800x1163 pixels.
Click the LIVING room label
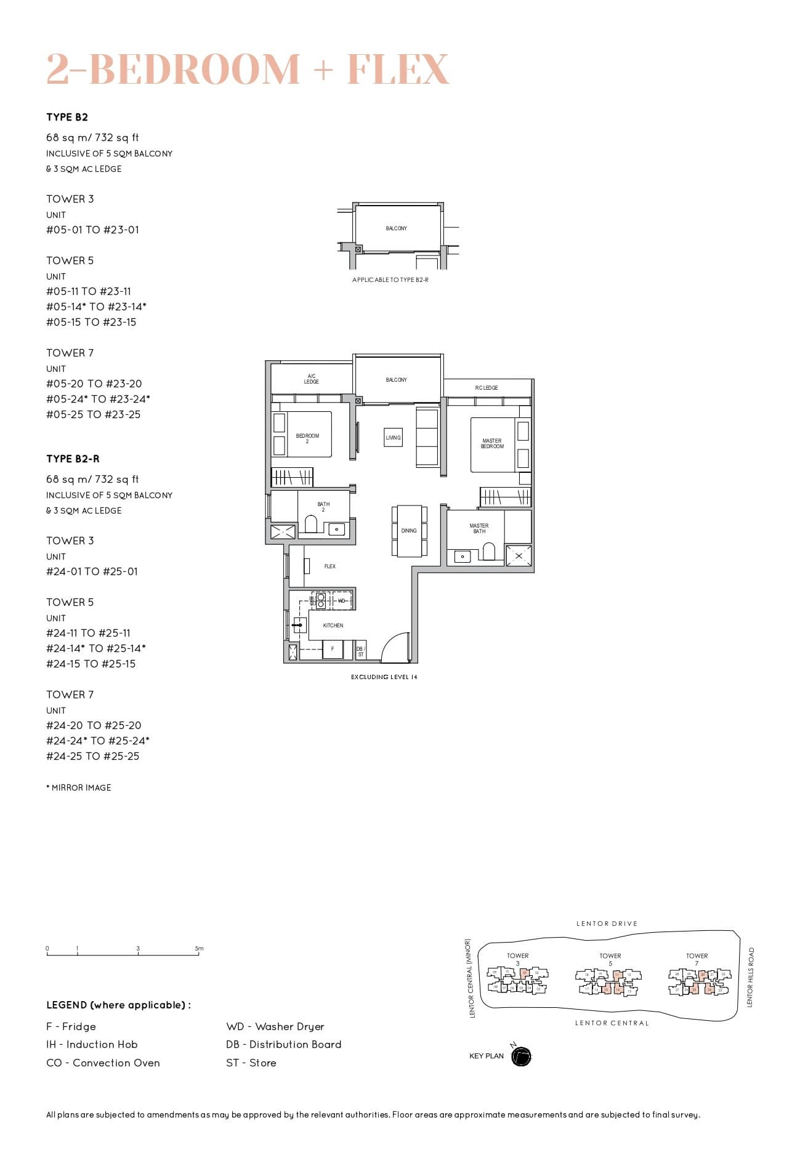click(393, 437)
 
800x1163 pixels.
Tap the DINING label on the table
click(409, 530)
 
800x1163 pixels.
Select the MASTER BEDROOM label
click(492, 443)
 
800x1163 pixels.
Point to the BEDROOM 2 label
click(307, 438)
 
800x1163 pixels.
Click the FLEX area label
click(330, 566)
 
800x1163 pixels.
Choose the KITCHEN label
click(333, 626)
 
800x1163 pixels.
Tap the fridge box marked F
click(333, 649)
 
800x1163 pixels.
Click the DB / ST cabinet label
click(361, 651)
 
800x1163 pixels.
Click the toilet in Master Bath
click(490, 552)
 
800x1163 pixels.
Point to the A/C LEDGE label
click(311, 379)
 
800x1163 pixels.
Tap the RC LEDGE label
click(487, 388)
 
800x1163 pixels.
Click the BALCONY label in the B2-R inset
click(396, 228)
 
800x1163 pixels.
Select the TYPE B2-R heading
click(73, 459)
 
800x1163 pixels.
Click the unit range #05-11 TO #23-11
click(89, 291)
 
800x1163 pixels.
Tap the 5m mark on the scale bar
click(198, 949)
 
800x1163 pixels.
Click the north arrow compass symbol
click(521, 1056)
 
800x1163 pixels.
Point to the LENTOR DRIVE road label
click(607, 924)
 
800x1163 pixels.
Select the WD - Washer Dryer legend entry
click(275, 1026)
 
